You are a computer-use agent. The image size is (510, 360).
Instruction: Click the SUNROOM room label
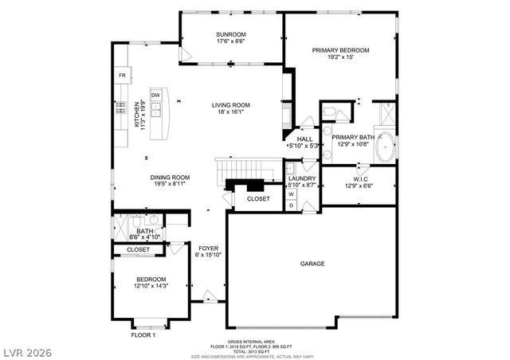pos(230,34)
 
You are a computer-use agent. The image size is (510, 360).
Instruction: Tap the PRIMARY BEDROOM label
pos(340,50)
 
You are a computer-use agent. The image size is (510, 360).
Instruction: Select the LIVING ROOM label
pos(231,105)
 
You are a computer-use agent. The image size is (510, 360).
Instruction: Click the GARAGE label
pos(312,264)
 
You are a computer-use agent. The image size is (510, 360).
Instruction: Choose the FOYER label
pos(208,248)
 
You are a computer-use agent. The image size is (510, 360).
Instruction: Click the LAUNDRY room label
pos(302,178)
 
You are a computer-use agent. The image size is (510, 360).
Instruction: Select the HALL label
pos(304,139)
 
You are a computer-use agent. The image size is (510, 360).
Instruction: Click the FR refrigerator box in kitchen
pos(122,76)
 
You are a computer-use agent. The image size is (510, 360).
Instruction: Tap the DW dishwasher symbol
pos(156,96)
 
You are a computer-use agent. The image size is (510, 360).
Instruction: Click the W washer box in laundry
pos(291,194)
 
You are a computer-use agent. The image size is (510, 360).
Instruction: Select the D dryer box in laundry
pos(291,205)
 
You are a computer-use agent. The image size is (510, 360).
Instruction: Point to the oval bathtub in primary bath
pos(386,148)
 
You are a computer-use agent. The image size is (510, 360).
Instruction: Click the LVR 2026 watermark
pos(27,350)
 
